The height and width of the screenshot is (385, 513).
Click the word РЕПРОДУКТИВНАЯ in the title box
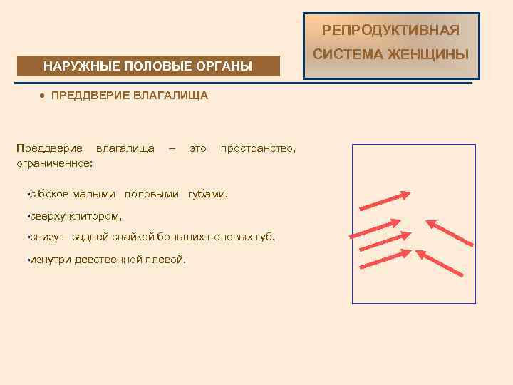(390, 30)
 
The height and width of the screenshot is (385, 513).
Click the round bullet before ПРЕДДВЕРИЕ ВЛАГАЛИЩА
(43, 95)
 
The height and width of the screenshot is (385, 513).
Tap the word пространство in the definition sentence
(257, 148)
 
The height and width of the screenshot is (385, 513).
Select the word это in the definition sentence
(197, 148)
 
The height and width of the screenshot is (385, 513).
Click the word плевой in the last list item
(168, 260)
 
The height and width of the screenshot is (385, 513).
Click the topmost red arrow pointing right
(385, 201)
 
